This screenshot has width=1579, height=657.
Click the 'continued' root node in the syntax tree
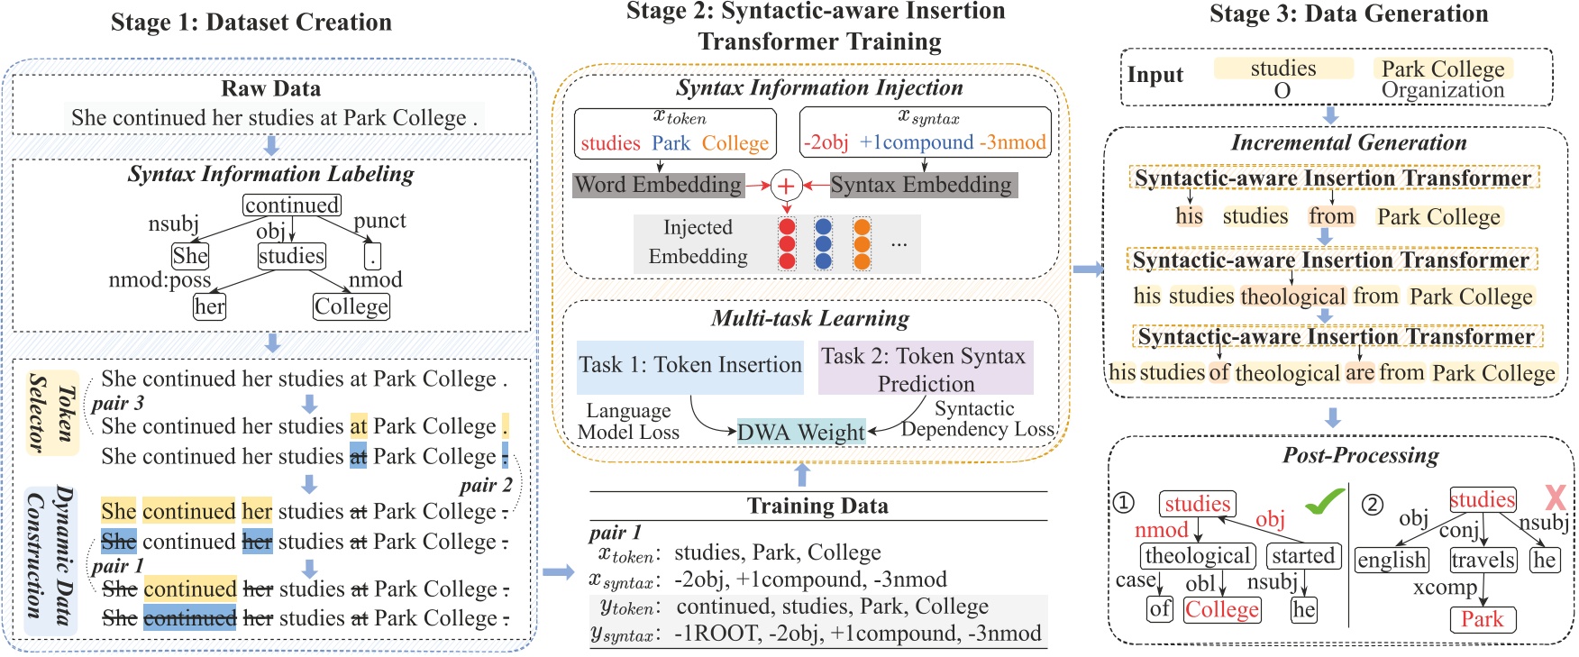tap(292, 205)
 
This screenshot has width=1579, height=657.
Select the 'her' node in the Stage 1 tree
tap(209, 307)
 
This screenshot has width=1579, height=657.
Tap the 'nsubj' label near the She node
tap(173, 224)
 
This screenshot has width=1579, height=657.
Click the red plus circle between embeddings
tap(786, 186)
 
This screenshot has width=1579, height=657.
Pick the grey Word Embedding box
tap(659, 185)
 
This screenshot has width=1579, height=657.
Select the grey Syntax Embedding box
tap(921, 185)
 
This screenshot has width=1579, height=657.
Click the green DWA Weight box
tap(801, 433)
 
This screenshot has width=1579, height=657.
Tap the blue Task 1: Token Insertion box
tap(689, 365)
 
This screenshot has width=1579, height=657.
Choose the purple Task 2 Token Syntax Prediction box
tap(925, 369)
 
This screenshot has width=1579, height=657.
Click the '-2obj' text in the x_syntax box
tap(826, 142)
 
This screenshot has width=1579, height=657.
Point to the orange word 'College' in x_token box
tap(735, 143)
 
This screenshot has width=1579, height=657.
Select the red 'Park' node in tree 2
tap(1483, 619)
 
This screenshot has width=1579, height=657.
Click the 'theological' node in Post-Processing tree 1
tap(1198, 556)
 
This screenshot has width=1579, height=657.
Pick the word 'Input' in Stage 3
tap(1155, 76)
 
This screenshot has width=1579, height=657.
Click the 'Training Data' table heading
tap(817, 506)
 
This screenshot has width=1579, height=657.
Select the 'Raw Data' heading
tap(270, 88)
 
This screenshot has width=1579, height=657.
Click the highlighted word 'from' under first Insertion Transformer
tap(1331, 216)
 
